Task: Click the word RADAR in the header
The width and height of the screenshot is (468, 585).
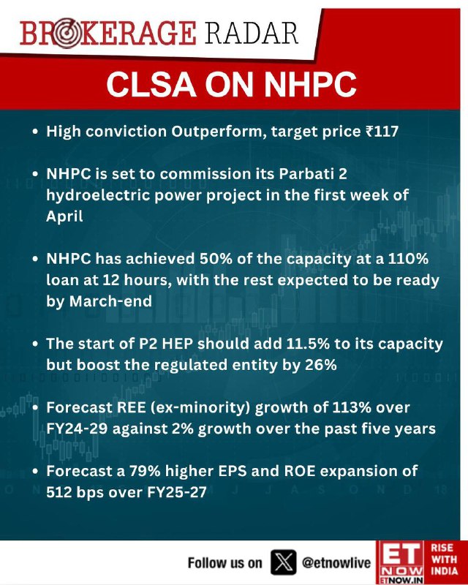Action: pyautogui.click(x=251, y=34)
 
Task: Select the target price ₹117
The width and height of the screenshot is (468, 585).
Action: pyautogui.click(x=382, y=132)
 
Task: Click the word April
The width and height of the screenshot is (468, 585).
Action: pyautogui.click(x=64, y=216)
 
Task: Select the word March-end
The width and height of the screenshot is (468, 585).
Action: pyautogui.click(x=110, y=301)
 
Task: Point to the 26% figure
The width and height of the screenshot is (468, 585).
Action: pyautogui.click(x=321, y=365)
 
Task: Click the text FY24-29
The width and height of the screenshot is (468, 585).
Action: pyautogui.click(x=77, y=429)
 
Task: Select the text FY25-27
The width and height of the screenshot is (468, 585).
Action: pyautogui.click(x=177, y=492)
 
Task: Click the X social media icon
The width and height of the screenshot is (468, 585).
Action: pyautogui.click(x=284, y=562)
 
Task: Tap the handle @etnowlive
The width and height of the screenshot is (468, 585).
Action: pyautogui.click(x=336, y=563)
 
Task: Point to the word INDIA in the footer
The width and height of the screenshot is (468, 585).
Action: pyautogui.click(x=444, y=571)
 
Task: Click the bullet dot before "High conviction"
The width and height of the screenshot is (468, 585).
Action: pyautogui.click(x=35, y=132)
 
